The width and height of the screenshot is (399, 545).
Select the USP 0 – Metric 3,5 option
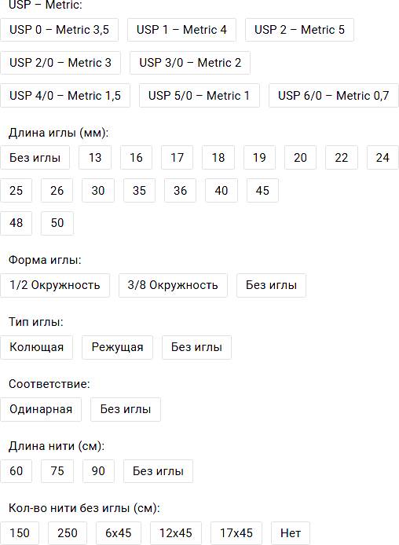59,30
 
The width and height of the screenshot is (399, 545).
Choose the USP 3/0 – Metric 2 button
190,63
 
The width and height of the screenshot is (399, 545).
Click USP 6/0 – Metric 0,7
333,96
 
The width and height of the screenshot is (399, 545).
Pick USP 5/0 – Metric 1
199,96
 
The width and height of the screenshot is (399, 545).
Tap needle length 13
95,158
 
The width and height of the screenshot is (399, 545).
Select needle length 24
383,158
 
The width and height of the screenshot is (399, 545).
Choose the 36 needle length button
180,191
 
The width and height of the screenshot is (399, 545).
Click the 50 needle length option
57,223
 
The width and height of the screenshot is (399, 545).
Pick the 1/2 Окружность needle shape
55,285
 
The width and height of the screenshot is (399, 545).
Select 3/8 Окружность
173,285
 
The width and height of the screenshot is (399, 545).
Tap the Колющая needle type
36,347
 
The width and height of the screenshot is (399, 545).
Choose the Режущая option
118,347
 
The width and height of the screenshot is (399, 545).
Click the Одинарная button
41,409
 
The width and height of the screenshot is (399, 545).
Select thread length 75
57,471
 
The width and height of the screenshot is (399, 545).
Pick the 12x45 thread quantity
176,533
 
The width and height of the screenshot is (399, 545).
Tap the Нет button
291,533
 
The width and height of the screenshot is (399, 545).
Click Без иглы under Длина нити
158,471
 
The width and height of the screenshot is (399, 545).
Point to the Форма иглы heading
45,260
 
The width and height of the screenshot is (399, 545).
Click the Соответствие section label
49,384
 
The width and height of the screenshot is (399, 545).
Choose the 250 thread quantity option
68,533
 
